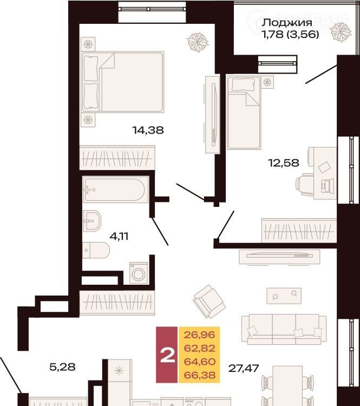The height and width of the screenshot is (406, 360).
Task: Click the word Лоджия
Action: [x=287, y=23]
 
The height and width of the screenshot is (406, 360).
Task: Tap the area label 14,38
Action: [x=148, y=130]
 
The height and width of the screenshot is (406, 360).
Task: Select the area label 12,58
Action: [x=284, y=163]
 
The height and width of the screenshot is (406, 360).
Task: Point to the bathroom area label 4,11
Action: [x=119, y=236]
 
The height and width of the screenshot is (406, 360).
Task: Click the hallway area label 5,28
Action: [x=62, y=366]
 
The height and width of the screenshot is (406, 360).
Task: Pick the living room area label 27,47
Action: [x=244, y=368]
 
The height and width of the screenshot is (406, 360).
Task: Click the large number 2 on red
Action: [x=168, y=355]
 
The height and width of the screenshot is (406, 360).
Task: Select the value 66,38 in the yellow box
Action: [x=199, y=375]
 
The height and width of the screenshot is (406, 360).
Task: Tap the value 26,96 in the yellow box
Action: [x=199, y=335]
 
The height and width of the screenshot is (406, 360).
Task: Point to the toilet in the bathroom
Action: [x=96, y=250]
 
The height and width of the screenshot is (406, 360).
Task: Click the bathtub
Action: [x=115, y=189]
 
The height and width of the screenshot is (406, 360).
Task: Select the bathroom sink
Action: [x=92, y=221]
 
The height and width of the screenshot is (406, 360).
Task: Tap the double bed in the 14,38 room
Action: [x=122, y=82]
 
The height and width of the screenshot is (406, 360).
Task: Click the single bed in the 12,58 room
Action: [x=244, y=113]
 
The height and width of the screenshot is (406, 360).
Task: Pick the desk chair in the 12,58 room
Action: [x=304, y=185]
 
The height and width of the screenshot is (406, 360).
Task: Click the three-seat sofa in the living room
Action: [x=284, y=329]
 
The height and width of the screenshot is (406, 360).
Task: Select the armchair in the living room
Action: [x=210, y=302]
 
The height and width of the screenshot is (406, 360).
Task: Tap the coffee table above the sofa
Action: [x=284, y=296]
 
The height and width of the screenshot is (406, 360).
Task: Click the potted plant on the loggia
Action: [x=341, y=32]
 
